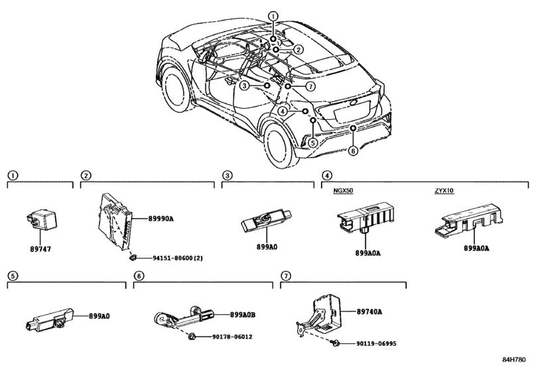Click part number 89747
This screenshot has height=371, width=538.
40,249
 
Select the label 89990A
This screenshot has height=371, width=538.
161,218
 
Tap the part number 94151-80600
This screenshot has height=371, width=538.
173,258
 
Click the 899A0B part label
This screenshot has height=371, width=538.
243,315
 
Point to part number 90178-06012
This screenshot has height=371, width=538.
232,337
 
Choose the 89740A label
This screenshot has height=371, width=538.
370,312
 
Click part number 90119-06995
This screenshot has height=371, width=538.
376,343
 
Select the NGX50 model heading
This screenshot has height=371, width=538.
343,191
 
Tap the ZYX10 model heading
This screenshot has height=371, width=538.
444,191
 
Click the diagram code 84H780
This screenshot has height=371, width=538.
514,359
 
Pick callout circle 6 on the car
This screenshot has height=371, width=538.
353,150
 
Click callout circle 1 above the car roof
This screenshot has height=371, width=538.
273,16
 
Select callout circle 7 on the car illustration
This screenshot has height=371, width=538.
310,86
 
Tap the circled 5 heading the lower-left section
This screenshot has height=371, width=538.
13,276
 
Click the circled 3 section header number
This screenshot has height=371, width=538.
227,176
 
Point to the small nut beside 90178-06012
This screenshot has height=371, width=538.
191,337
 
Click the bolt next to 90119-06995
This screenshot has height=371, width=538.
335,343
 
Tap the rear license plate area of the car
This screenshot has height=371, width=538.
350,112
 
